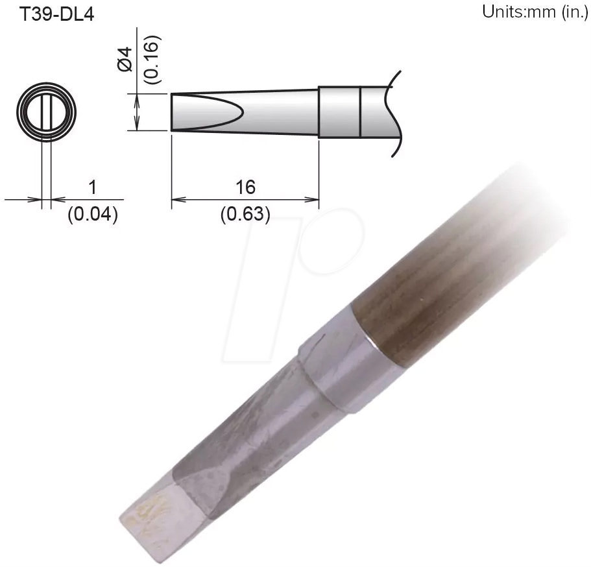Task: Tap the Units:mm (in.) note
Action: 534,12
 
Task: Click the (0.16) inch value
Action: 152,58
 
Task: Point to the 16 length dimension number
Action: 246,187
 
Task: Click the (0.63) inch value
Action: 245,214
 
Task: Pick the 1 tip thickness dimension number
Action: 92,187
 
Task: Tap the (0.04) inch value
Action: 92,214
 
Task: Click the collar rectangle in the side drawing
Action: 339,112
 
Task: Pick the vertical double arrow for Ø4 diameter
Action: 138,112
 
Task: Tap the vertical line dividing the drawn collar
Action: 360,112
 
